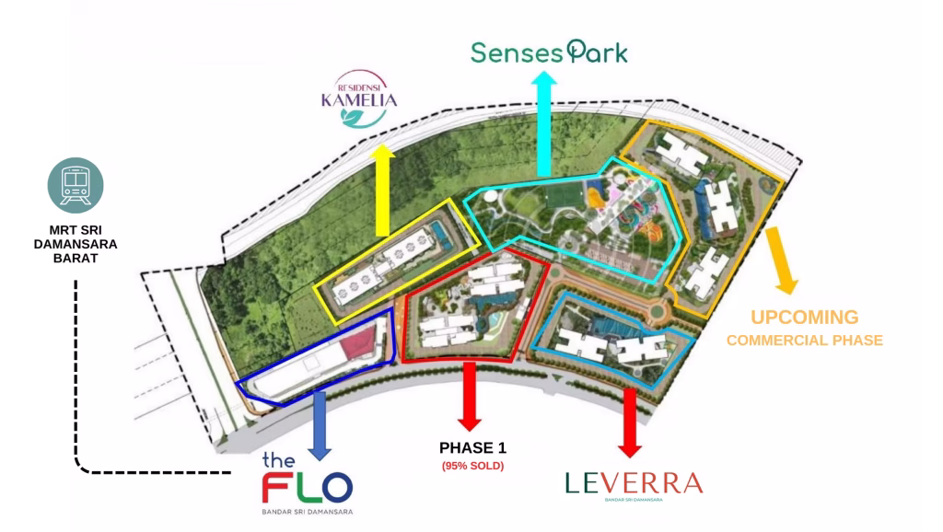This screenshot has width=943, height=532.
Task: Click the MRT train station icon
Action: [x=76, y=185]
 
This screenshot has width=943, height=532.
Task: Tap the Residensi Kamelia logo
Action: [x=359, y=99]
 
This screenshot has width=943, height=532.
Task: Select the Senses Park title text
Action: [x=549, y=52]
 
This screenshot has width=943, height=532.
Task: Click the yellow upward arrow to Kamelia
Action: [x=382, y=190]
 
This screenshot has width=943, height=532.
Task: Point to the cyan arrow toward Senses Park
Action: [x=544, y=124]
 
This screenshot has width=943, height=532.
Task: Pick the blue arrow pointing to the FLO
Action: [x=320, y=425]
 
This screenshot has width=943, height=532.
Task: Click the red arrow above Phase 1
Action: [x=470, y=397]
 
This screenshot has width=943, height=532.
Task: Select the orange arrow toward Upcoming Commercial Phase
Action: [x=781, y=260]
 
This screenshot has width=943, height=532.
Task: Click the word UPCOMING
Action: [x=804, y=318]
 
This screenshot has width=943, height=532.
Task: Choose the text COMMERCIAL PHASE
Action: [x=805, y=341]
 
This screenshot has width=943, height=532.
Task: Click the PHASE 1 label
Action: [x=472, y=448]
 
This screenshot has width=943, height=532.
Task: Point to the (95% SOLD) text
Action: [x=472, y=466]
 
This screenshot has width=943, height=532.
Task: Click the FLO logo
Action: [x=308, y=484]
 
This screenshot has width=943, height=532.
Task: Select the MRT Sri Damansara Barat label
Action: [x=76, y=244]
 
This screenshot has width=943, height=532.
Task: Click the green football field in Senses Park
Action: [x=565, y=197]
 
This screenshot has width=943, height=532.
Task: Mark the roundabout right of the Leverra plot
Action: [x=656, y=311]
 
